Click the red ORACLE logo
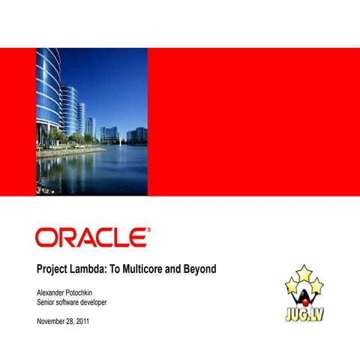tap(91, 238)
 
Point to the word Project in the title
tap(53, 268)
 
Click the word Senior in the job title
tap(47, 301)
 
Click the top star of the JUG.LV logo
tap(304, 272)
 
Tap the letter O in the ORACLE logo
tap(46, 238)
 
